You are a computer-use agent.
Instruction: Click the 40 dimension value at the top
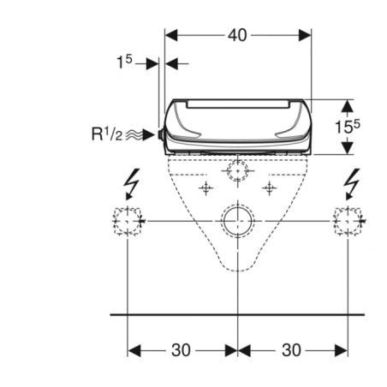pos(237,35)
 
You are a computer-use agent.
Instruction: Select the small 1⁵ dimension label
pos(124,62)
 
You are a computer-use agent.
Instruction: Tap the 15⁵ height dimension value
pos(347,127)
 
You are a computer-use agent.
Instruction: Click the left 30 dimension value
pos(181,350)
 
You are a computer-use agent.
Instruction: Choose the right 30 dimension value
pos(291,350)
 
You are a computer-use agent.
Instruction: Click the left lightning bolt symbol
pos(132,184)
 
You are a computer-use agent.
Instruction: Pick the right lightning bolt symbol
pos(352,184)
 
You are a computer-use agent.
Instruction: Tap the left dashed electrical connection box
pos(128,221)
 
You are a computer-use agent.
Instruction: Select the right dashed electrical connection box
pos(348,221)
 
